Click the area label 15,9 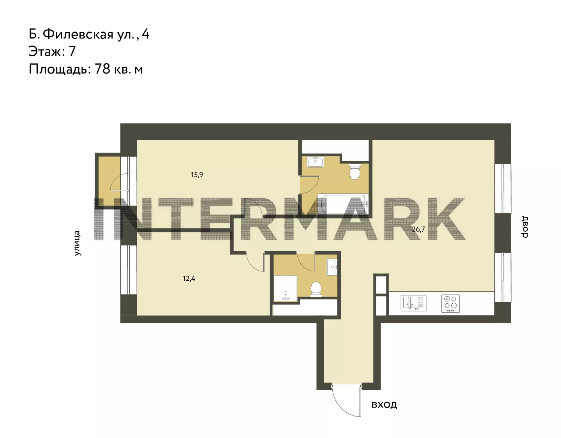(197, 175)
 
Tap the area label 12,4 (189, 279)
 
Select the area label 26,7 (418, 229)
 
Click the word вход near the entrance (384, 405)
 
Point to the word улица (77, 243)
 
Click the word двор (525, 227)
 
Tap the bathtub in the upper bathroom (343, 204)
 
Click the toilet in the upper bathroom (355, 171)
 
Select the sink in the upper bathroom (315, 162)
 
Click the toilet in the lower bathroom (316, 289)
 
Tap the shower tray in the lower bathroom (285, 288)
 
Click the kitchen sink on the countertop (414, 303)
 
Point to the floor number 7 (72, 51)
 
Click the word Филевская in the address (78, 34)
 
